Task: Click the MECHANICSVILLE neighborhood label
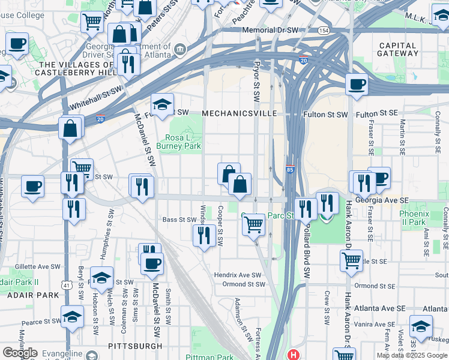[x=239, y=113]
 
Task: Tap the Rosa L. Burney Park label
[x=178, y=141]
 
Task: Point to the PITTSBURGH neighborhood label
[x=135, y=346]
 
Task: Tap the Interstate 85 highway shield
[x=290, y=170]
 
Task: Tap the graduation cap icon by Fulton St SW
[x=162, y=105]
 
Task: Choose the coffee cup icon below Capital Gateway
[x=357, y=85]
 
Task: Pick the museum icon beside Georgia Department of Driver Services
[x=179, y=48]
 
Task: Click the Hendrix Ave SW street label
[x=238, y=275]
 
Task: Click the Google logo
[x=20, y=353]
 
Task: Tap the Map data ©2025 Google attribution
[x=411, y=355]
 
